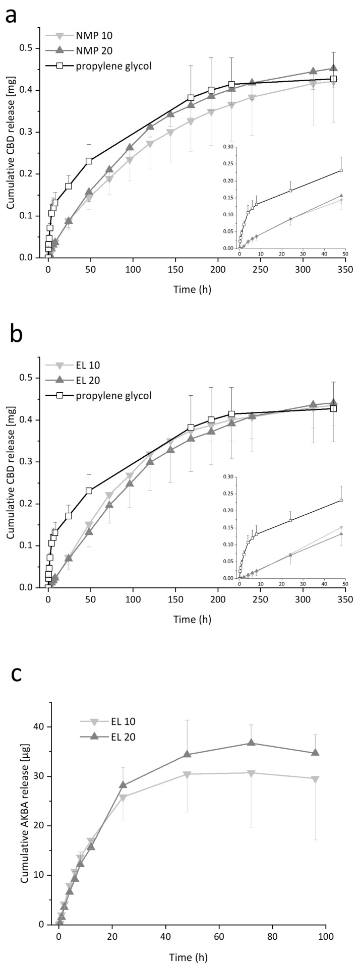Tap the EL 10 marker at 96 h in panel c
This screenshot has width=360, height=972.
[x=316, y=779]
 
